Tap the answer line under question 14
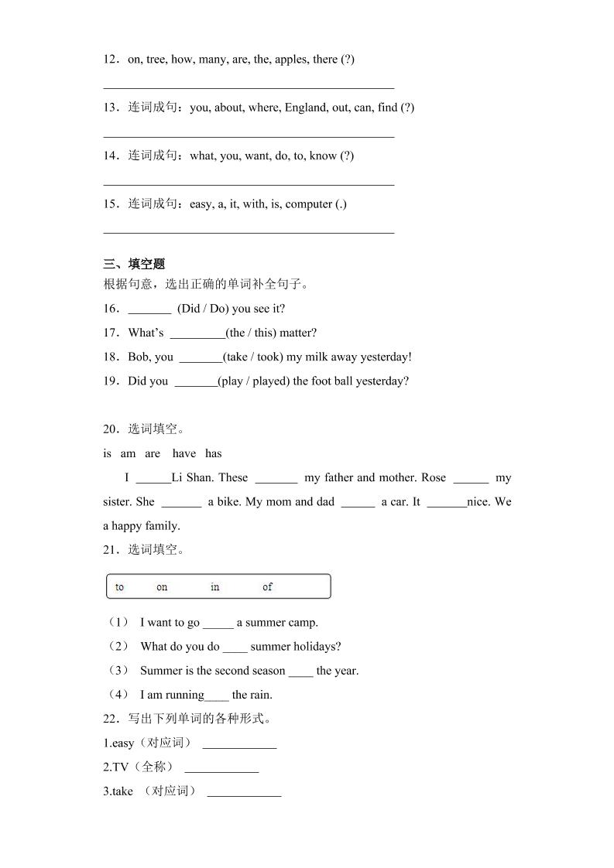point(249,184)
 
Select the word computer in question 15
point(308,204)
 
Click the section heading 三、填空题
point(134,265)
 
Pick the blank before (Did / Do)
point(149,309)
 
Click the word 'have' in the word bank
point(184,454)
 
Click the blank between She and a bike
point(181,503)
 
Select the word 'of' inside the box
point(268,587)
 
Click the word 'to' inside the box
point(119,587)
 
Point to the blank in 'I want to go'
point(218,624)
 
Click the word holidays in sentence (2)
point(317,647)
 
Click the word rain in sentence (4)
point(262,695)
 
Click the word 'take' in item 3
point(122,791)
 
